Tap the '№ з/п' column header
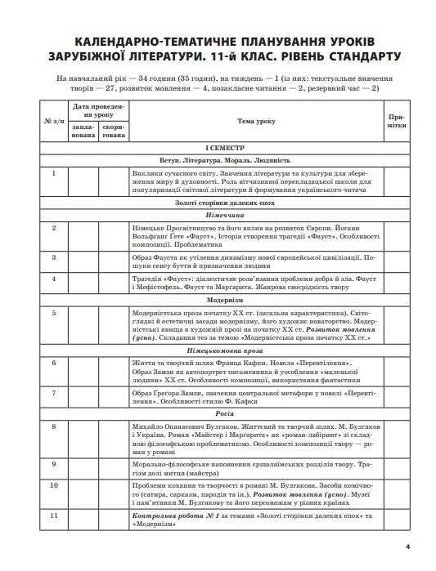click(53, 121)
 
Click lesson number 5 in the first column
click(53, 313)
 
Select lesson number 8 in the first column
click(53, 426)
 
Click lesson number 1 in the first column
click(53, 173)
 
